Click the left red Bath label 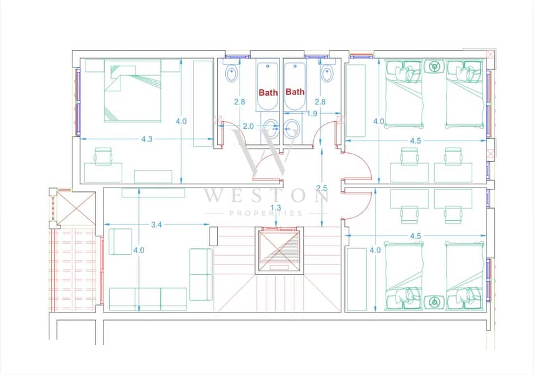[x=268, y=92]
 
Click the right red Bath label [x=295, y=92]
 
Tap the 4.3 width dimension [x=147, y=139]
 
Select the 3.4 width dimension [x=157, y=224]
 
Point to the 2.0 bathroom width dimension [x=248, y=126]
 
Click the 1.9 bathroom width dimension [x=312, y=114]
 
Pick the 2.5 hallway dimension [x=321, y=188]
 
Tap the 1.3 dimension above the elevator [x=276, y=207]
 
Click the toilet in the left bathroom [x=232, y=72]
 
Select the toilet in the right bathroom [x=327, y=72]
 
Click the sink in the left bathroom [x=272, y=128]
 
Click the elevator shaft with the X [x=279, y=251]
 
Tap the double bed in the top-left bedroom [x=132, y=91]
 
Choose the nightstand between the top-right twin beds [x=434, y=66]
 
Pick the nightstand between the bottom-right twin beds [x=434, y=302]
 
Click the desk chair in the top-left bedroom [x=103, y=156]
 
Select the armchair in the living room [x=120, y=242]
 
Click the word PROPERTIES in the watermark [x=266, y=214]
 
